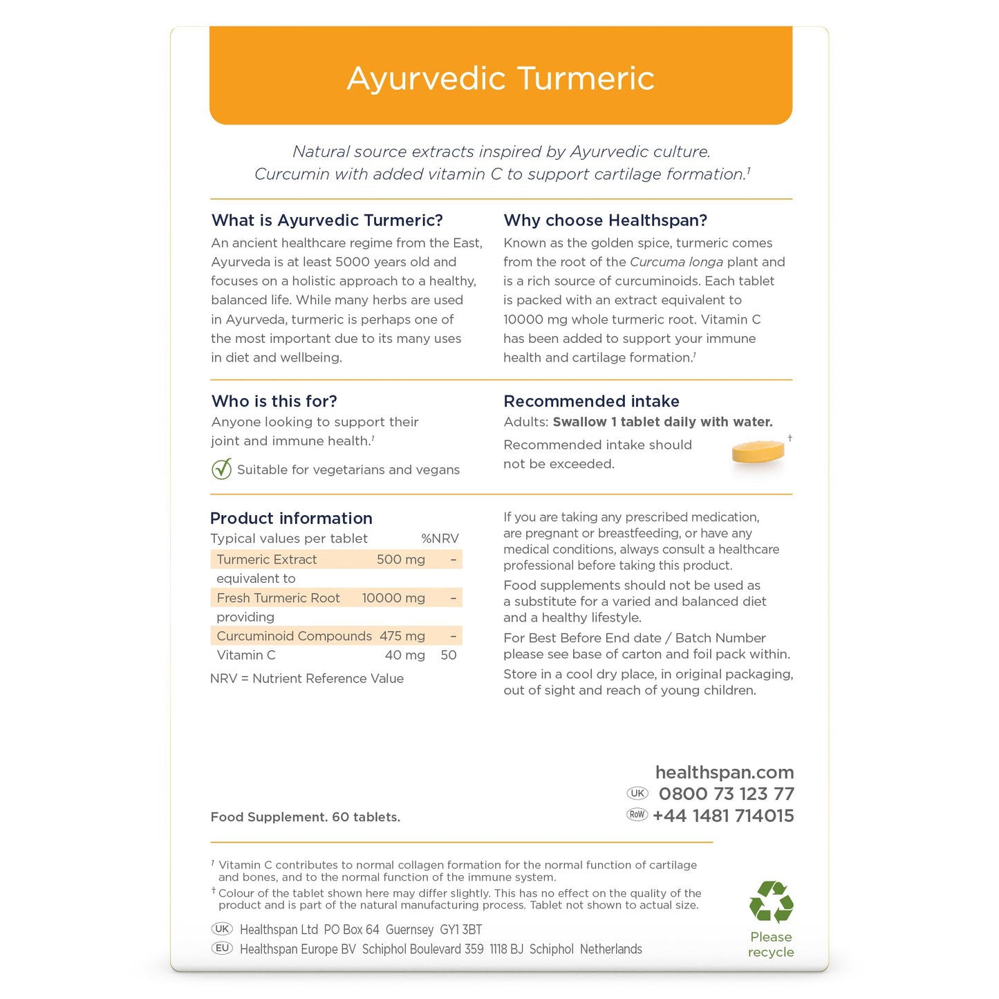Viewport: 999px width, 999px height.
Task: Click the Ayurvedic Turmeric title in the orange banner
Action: [500, 78]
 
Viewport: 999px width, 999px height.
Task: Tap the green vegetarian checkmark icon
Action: [221, 469]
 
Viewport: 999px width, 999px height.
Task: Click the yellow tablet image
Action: [758, 453]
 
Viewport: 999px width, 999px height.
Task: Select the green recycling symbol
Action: [771, 902]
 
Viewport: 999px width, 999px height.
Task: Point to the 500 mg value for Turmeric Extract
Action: [400, 559]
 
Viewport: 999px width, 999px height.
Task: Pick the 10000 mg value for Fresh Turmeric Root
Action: [393, 598]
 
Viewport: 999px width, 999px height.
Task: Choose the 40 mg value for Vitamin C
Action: [404, 655]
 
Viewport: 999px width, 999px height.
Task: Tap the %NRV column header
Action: [440, 539]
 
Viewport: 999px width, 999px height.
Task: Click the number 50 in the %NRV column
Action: [448, 655]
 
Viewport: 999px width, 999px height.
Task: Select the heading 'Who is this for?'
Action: [274, 401]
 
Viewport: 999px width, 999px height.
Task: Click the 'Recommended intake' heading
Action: [591, 401]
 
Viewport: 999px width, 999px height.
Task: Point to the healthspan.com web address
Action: [724, 772]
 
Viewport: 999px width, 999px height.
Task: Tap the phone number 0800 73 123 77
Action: [726, 794]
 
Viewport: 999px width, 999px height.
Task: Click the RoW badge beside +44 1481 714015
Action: [637, 814]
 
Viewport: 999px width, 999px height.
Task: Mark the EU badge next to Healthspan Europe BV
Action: [222, 949]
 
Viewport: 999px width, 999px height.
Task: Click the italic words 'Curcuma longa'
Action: [676, 262]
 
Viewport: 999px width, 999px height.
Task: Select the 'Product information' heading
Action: [291, 519]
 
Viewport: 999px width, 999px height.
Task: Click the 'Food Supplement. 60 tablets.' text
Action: [305, 817]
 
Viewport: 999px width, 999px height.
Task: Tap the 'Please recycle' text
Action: [771, 944]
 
